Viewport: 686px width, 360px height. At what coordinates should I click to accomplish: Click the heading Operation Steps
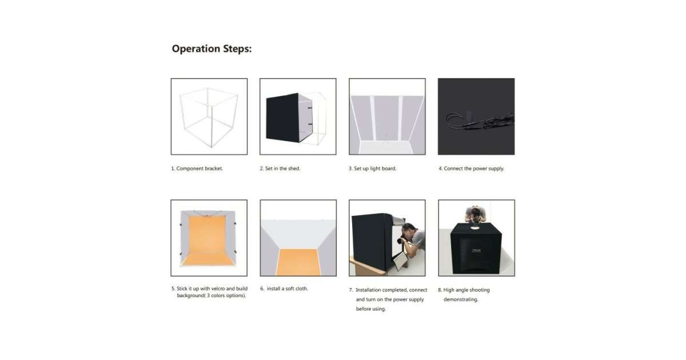point(212,49)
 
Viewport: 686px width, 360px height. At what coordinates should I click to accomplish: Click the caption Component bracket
point(197,169)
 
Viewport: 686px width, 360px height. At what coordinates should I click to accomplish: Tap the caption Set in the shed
point(280,169)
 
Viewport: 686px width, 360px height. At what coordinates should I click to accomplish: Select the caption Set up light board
point(372,169)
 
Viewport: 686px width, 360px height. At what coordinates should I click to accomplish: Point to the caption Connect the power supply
point(471,169)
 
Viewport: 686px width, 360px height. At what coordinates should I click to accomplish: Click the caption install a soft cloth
point(284,289)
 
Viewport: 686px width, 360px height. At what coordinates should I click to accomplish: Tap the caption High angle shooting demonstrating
point(464,294)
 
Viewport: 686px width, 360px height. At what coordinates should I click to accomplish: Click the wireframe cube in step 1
point(209,117)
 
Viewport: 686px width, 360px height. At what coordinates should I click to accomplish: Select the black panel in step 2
point(282,118)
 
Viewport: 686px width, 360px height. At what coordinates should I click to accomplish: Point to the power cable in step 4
point(480,121)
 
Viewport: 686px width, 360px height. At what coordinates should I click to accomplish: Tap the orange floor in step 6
point(298,262)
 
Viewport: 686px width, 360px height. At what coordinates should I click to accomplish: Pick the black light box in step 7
point(373,242)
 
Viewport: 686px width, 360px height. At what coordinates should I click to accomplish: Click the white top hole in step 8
point(474,227)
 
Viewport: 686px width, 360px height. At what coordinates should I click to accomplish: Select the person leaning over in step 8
point(475,215)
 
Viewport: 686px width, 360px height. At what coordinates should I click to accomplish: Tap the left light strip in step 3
point(373,118)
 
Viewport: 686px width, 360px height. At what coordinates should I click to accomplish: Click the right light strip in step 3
point(400,118)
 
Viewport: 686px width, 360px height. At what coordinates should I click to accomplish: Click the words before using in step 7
point(370,309)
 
